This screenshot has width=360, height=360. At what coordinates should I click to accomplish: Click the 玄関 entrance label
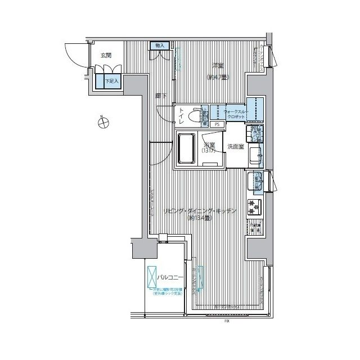tap(106, 56)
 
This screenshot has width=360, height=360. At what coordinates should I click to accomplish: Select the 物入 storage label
tap(159, 46)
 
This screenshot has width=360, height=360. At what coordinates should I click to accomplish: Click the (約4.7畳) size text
tap(217, 77)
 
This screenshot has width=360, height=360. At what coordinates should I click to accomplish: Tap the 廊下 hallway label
tap(161, 97)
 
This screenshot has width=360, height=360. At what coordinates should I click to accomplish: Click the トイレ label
tap(182, 116)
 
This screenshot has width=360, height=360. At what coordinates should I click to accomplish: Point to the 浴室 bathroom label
tap(209, 146)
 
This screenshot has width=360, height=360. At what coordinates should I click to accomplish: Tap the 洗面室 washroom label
tap(235, 147)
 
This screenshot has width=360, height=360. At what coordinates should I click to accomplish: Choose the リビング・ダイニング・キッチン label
tap(200, 210)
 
